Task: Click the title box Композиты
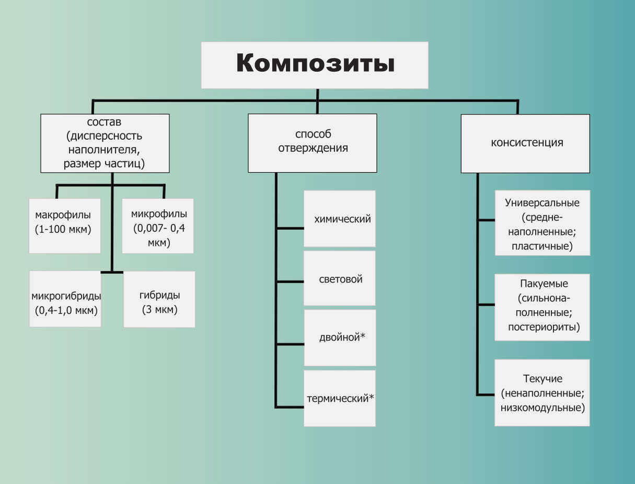(x=315, y=65)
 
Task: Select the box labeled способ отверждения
(x=313, y=143)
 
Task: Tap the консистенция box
(x=525, y=143)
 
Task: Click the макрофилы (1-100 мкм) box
(x=64, y=226)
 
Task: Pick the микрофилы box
(x=158, y=226)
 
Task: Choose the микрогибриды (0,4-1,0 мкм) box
(x=65, y=299)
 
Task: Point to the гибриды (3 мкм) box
(x=159, y=299)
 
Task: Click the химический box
(x=340, y=219)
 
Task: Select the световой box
(x=340, y=278)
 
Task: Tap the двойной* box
(x=340, y=337)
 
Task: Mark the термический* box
(x=340, y=398)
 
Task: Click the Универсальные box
(x=542, y=223)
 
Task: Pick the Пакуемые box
(x=542, y=307)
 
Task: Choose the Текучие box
(x=542, y=392)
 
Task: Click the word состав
(x=105, y=122)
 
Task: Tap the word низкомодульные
(x=542, y=407)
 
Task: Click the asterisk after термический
(x=372, y=397)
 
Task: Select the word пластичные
(x=543, y=246)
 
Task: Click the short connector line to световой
(x=290, y=282)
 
